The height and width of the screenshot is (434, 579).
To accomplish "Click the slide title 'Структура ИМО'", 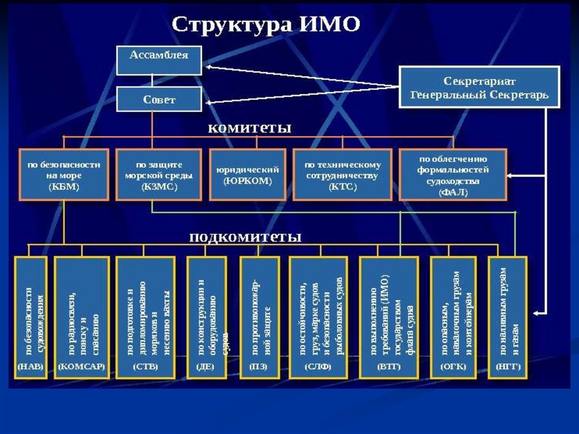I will tap(265, 25).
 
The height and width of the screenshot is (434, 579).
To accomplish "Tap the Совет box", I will tap(159, 99).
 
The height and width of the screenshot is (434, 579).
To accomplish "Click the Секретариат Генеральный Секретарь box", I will tap(479, 87).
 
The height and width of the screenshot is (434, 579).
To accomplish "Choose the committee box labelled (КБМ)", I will tap(64, 174).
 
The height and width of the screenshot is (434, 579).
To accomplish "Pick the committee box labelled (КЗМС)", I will tap(159, 174).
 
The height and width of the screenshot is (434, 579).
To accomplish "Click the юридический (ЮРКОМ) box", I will tap(247, 175).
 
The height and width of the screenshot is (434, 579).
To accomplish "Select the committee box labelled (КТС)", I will tap(342, 174).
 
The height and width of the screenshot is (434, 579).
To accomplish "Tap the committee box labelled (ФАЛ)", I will tap(452, 174).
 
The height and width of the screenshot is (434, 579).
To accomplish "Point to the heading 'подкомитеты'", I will tap(245, 237).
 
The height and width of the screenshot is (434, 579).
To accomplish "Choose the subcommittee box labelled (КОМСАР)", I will tap(81, 317).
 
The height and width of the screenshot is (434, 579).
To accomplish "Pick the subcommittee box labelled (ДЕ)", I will tap(204, 317).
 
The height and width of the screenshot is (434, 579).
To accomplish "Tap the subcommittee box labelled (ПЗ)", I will tap(260, 317).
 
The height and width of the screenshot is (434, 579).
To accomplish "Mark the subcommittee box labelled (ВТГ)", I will tap(388, 317).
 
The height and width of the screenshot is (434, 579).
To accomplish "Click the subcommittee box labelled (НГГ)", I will tap(507, 317).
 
